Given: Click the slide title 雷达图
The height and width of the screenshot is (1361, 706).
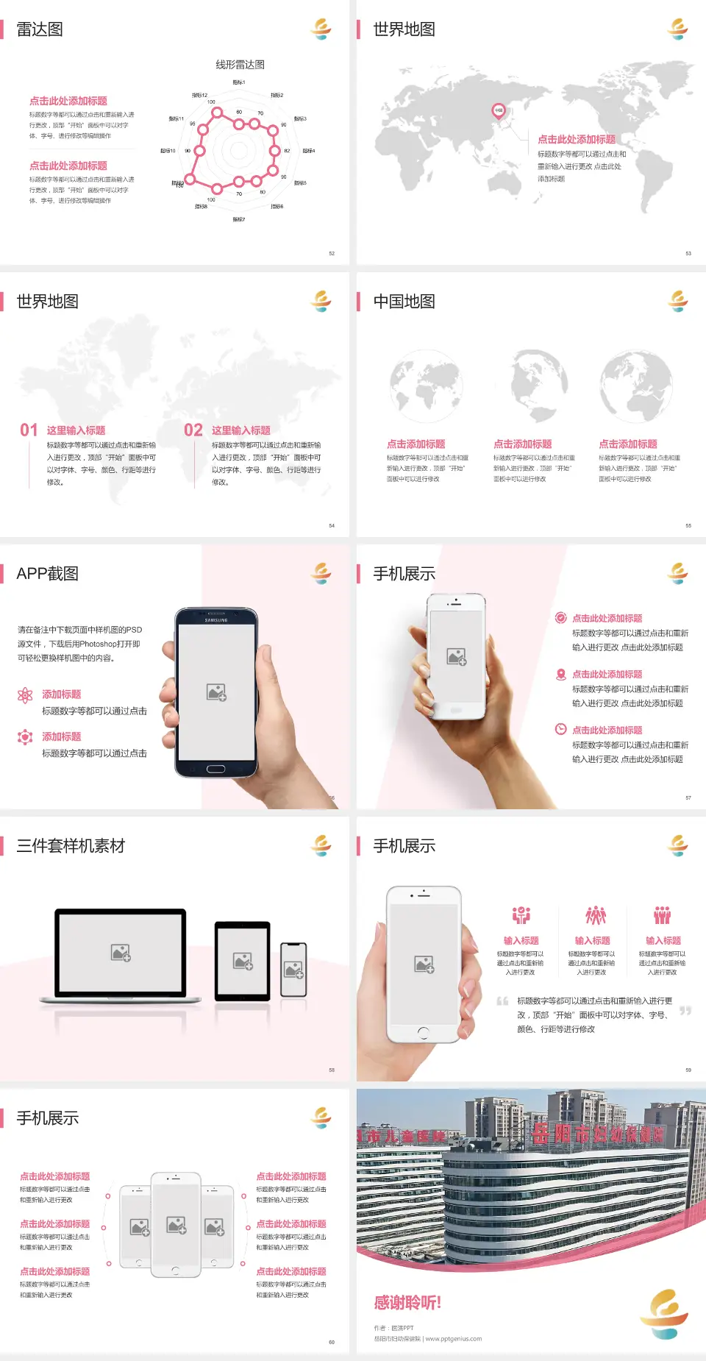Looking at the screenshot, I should pos(40,29).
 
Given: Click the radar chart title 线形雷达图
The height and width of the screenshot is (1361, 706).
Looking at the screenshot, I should pos(240,65).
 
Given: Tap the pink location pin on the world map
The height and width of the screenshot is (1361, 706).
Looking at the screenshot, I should pos(498,111).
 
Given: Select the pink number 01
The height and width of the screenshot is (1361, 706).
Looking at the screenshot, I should pos(29,430).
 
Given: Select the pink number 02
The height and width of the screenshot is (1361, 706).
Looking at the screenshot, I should pos(193,430).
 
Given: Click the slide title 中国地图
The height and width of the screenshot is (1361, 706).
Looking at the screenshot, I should pos(404,302).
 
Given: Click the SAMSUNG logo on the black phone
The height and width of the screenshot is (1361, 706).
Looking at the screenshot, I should pos(216,620).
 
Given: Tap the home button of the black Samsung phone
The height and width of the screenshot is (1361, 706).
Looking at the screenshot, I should pos(215,769).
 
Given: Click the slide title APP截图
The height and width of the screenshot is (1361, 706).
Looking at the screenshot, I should pos(48,574).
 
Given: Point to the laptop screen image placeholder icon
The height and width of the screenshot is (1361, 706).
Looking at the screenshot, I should pos(121,953).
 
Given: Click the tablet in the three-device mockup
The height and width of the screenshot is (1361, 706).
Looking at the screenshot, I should pos(243,960).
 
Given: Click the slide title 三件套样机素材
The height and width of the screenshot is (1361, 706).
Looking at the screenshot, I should pos(71,846).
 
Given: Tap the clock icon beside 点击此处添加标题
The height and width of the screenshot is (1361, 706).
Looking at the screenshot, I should pos(560,729).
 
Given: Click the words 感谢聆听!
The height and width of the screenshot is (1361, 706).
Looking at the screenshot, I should pos(407,1303).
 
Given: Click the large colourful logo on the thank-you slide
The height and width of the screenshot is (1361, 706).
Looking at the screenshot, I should pos(664,1314).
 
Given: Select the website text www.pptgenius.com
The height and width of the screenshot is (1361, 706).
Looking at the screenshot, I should pos(454,1339).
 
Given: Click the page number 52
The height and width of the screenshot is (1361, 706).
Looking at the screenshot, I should pos(332,253).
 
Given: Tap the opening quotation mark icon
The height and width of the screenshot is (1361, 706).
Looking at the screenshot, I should pos(502,1001).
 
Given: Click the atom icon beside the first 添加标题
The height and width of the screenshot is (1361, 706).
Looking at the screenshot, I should pos(25,695).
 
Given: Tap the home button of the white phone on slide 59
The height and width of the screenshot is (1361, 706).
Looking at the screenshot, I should pos(423,1033).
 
